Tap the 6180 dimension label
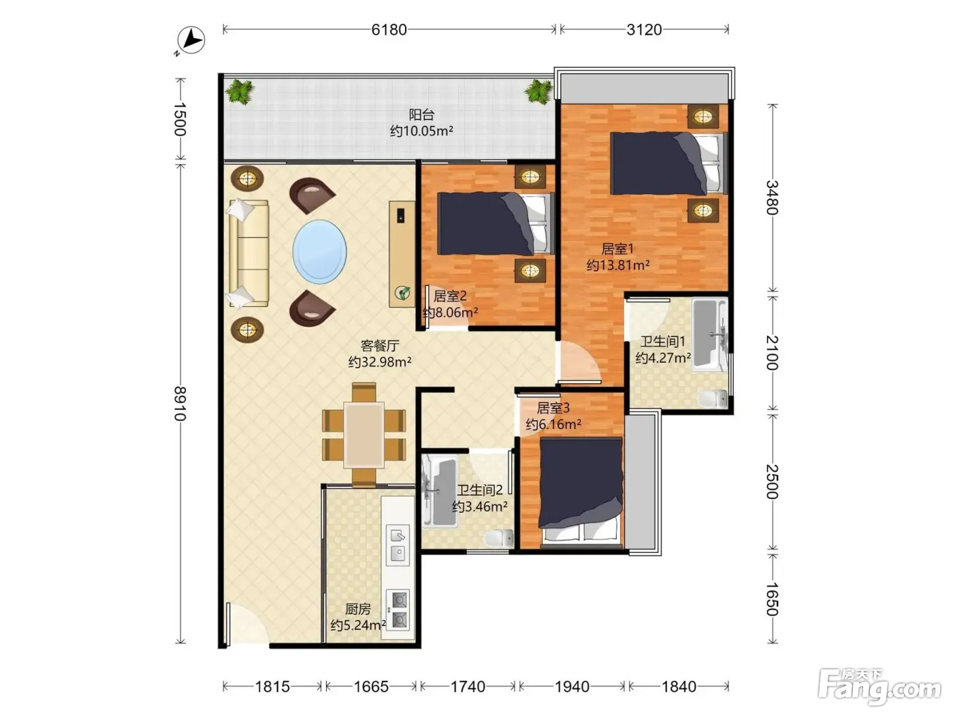389,29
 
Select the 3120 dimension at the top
644,29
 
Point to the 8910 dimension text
180,404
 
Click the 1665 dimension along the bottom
371,686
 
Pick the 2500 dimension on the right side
772,481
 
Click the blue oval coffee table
319,252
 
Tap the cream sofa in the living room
248,253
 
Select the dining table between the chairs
364,435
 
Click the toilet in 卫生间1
712,398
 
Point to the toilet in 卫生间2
499,539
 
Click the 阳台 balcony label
421,115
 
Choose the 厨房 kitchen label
358,609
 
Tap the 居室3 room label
553,408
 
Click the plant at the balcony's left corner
240,92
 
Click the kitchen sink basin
398,545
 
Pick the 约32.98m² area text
380,362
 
